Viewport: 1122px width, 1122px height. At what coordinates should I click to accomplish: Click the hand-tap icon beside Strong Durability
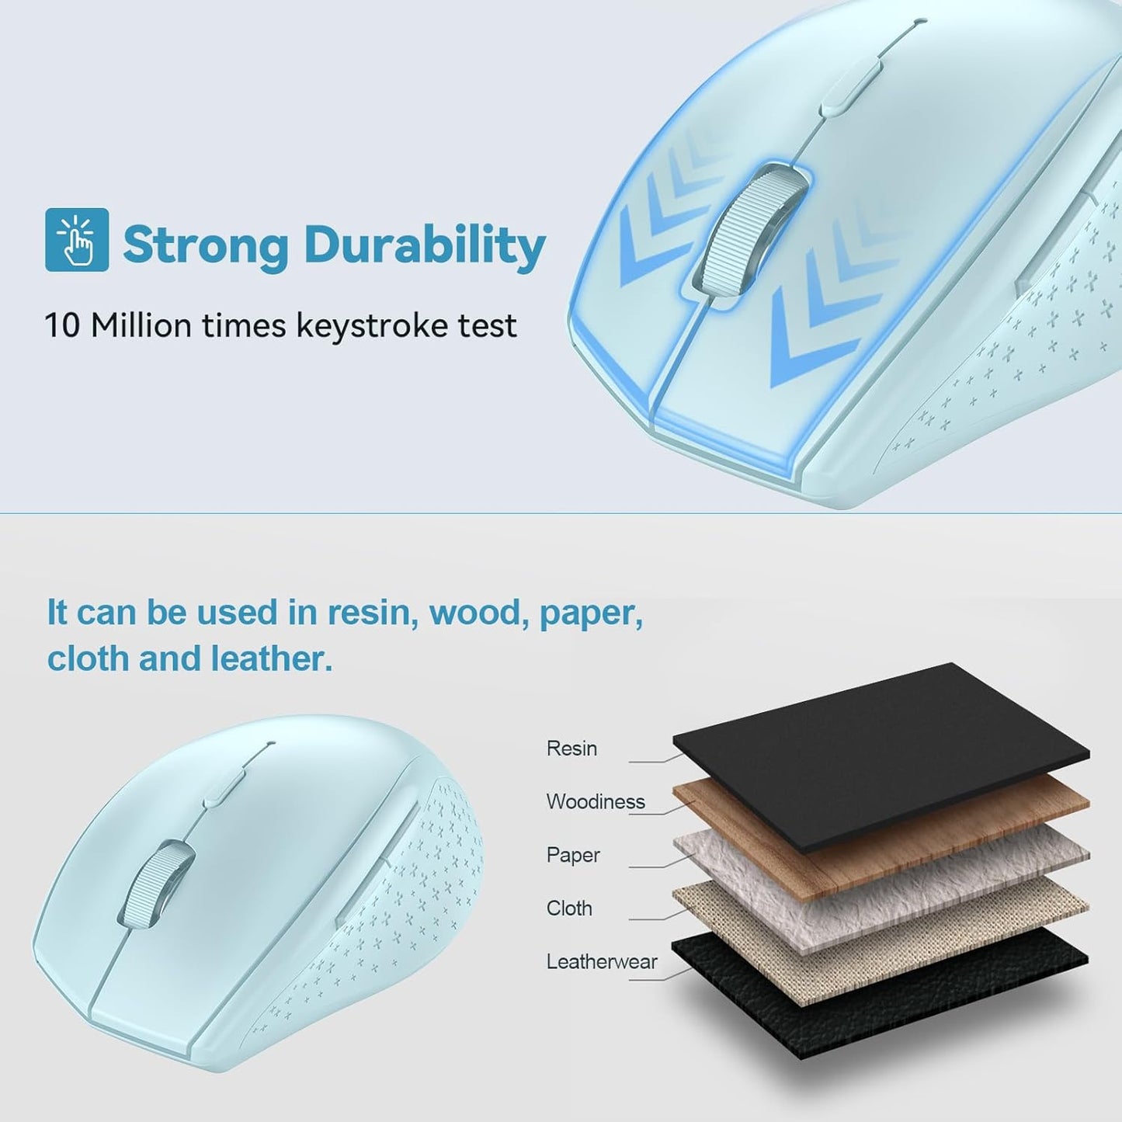[x=77, y=240]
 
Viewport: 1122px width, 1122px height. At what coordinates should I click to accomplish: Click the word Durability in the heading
[x=424, y=245]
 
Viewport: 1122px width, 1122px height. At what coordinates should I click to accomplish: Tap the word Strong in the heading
[x=206, y=245]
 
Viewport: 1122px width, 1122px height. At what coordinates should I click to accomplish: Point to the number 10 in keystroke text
[x=62, y=325]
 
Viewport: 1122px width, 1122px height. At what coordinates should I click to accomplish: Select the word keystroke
[x=374, y=325]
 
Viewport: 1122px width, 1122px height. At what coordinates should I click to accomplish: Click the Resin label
[x=571, y=749]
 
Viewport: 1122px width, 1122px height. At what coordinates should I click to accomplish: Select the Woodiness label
[x=596, y=801]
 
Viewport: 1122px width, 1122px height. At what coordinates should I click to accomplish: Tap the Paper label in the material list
[x=573, y=855]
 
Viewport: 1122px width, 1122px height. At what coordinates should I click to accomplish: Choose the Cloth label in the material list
[x=569, y=908]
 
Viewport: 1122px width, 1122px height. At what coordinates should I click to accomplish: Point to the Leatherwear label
[x=602, y=961]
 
